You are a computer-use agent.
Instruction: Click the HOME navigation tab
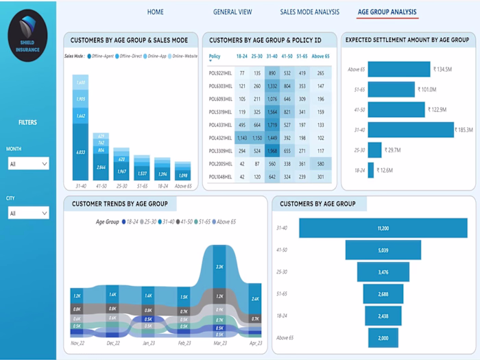(x=156, y=12)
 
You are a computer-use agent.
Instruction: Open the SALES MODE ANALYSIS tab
(x=309, y=12)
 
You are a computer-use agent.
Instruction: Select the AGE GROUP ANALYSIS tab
(x=387, y=12)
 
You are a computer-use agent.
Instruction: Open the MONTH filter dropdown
(x=27, y=164)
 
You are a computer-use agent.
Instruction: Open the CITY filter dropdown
(x=27, y=213)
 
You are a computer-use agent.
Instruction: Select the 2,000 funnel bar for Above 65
(x=383, y=338)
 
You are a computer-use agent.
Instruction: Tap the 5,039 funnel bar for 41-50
(x=383, y=250)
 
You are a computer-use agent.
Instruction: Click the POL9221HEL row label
(x=221, y=72)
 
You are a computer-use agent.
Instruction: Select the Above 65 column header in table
(x=320, y=56)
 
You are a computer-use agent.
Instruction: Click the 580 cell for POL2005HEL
(x=320, y=164)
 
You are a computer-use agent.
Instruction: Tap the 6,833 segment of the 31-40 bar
(x=81, y=152)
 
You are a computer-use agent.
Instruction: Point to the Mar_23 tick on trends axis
(x=219, y=342)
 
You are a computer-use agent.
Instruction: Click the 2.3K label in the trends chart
(x=219, y=266)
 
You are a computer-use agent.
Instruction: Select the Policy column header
(x=215, y=56)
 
